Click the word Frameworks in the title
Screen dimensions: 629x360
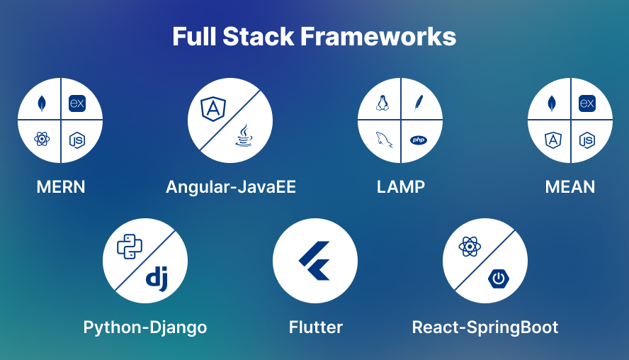[378, 37]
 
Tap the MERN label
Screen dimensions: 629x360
[61, 187]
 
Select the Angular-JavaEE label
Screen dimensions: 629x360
[231, 187]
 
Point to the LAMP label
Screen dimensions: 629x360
[400, 187]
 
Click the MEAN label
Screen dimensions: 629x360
[570, 187]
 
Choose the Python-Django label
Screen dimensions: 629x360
[145, 327]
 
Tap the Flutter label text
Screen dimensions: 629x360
[316, 327]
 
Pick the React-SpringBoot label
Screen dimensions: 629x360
[485, 327]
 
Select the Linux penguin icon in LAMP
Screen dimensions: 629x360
[382, 103]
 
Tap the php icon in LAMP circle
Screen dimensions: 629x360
[419, 140]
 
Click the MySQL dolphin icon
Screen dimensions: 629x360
[384, 140]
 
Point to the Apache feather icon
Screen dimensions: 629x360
[419, 103]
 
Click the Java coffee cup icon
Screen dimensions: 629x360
[244, 135]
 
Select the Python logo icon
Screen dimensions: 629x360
[130, 247]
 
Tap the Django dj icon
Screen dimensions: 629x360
[157, 278]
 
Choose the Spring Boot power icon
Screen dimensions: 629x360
[499, 278]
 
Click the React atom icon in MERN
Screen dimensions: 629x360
[42, 140]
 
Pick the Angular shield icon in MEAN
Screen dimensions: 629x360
[552, 140]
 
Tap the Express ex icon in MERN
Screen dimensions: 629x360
[77, 103]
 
